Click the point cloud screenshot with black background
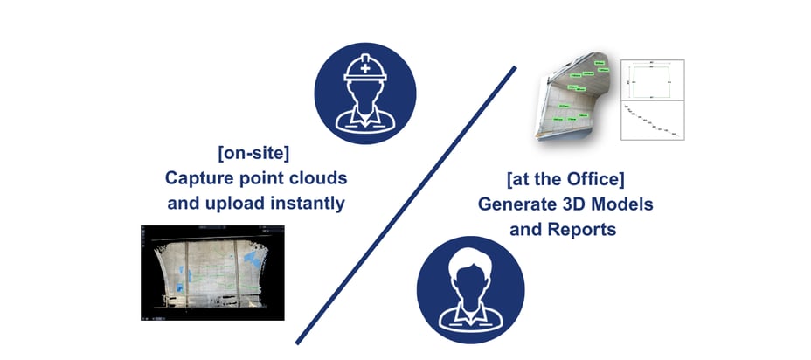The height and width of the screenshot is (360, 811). (x=211, y=272)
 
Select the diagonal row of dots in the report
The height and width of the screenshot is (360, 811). (x=651, y=121)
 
